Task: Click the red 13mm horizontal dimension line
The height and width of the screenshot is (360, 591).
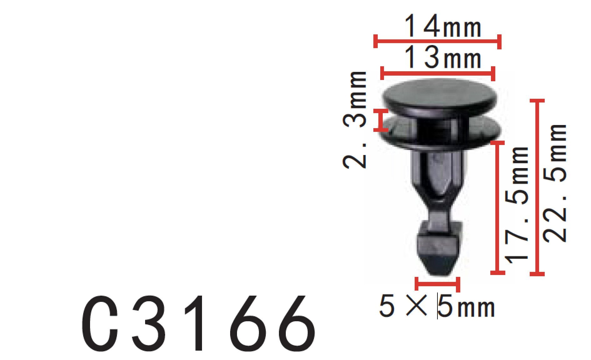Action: click(x=438, y=74)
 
